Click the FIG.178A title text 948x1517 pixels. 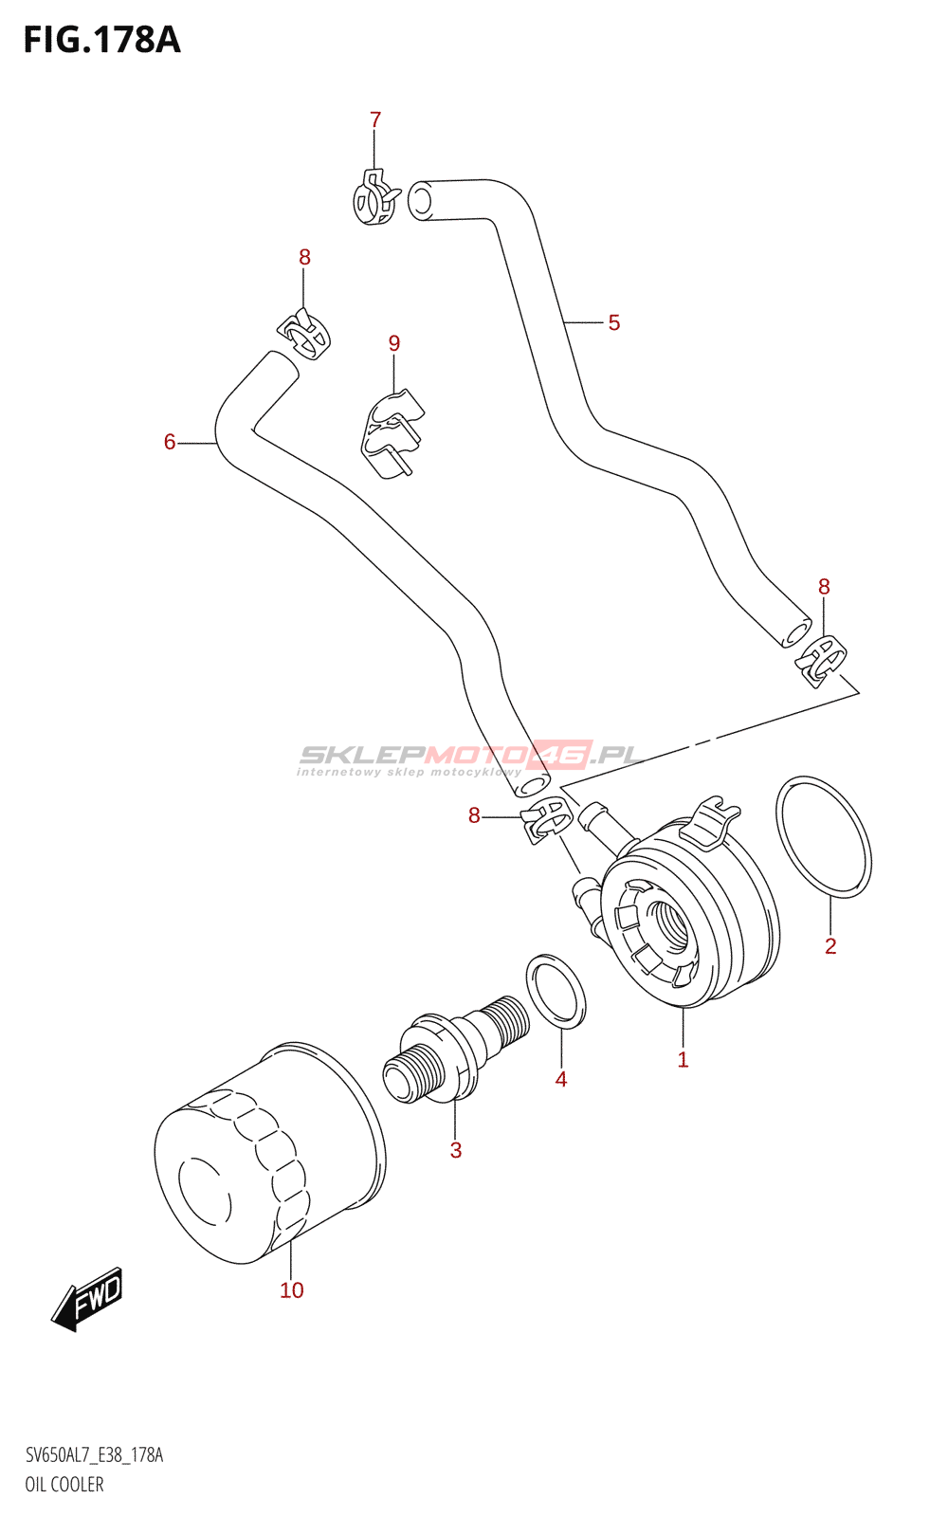pos(101,40)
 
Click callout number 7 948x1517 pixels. pos(375,120)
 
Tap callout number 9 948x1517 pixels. pos(394,343)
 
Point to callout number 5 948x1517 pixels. pos(614,323)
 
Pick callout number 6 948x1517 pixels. pos(170,442)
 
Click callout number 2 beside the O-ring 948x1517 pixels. pos(830,946)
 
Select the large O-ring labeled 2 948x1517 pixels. pos(823,837)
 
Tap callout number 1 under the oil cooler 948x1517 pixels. pos(683,1060)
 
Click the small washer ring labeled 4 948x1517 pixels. pos(556,991)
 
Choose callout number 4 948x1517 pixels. pos(561,1079)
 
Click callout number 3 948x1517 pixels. pos(456,1151)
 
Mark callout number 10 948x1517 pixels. pos(292,1290)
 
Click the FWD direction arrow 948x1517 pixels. pos(87,1297)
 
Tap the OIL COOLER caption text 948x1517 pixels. pos(64,1485)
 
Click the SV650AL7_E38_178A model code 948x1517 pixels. pos(95,1455)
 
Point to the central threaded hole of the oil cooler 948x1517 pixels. pos(667,924)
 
